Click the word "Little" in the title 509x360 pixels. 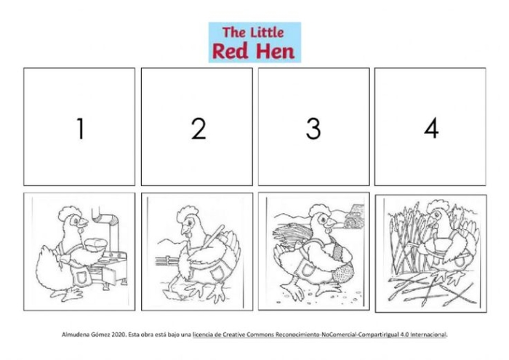pyautogui.click(x=266, y=32)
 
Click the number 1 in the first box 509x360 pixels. pyautogui.click(x=79, y=129)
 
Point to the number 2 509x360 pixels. pyautogui.click(x=198, y=129)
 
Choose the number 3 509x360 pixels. pyautogui.click(x=313, y=129)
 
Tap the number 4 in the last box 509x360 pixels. pyautogui.click(x=431, y=129)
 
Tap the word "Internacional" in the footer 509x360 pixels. pyautogui.click(x=427, y=335)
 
